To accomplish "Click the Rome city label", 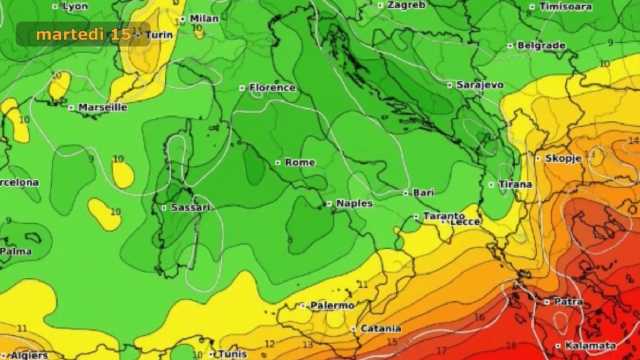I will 300,162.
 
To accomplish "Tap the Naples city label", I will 354,203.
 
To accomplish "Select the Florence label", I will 273,88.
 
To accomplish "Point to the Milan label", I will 204,18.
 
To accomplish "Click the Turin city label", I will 160,35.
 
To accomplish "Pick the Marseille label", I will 103,107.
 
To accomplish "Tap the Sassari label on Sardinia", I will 190,207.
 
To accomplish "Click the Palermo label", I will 332,305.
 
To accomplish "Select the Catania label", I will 381,328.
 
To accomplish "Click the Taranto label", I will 444,215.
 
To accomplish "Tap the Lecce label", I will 466,223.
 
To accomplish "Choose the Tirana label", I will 516,184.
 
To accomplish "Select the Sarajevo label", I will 480,85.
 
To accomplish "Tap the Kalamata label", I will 590,346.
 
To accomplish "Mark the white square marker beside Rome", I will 278,162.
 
